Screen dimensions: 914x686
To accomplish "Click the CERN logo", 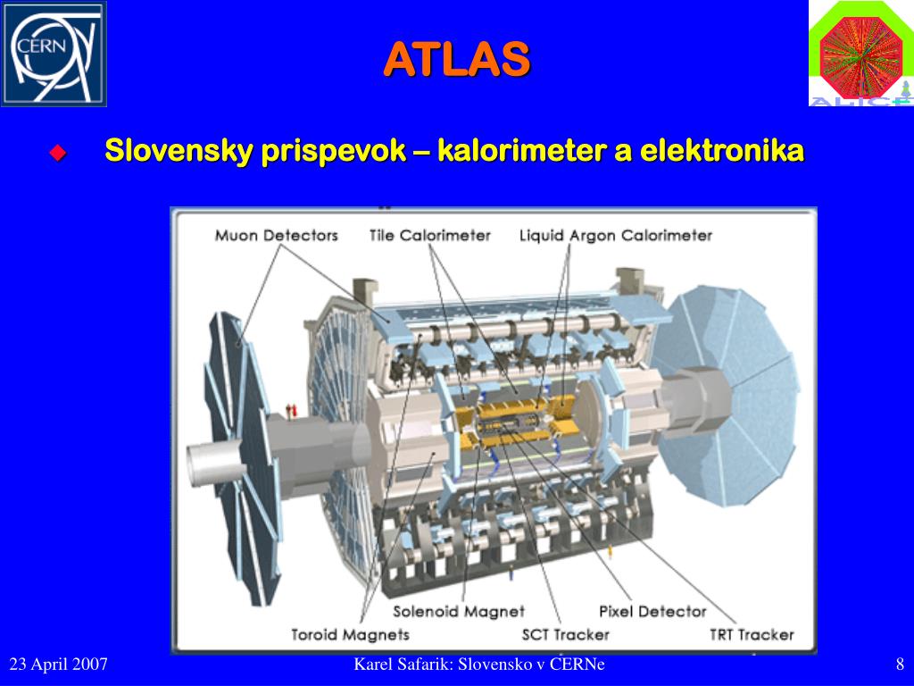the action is point(54,54).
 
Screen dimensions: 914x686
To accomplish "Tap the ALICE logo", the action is point(861,54).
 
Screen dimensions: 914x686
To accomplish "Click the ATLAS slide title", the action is point(457,59).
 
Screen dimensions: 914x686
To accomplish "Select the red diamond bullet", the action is point(58,153).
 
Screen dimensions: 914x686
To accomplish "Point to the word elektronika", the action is point(722,150).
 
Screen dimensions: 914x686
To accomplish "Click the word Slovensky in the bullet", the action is point(179,151).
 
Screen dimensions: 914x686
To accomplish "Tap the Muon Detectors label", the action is point(277,236).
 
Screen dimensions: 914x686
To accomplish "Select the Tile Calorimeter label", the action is point(430,236).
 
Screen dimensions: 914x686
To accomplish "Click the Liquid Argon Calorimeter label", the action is point(616,236).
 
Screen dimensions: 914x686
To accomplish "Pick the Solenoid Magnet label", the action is point(459,611).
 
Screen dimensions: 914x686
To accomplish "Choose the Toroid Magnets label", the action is point(350,635).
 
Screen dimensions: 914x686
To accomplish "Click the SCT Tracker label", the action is point(565,635).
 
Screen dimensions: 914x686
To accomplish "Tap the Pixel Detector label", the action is point(652,611).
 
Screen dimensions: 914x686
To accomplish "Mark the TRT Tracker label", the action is point(752,635).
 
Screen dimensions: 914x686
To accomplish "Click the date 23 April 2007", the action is point(58,665).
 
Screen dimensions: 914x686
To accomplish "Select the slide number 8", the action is point(900,665).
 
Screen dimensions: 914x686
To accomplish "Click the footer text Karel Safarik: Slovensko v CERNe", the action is point(479,665).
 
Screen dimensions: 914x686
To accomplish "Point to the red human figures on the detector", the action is point(292,410).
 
